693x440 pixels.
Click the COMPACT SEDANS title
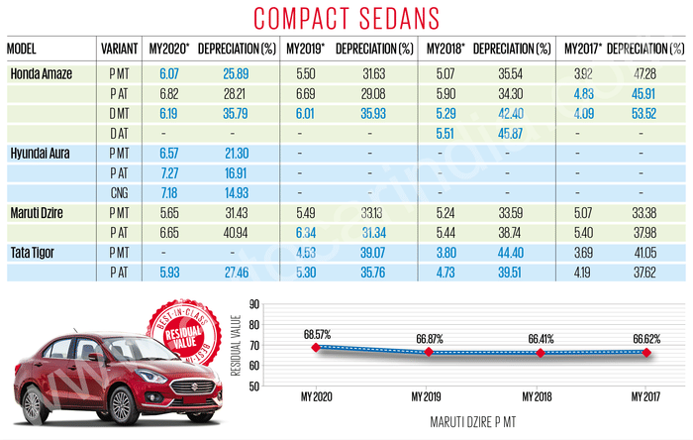pos(346,18)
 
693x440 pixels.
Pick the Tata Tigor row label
pos(36,253)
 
